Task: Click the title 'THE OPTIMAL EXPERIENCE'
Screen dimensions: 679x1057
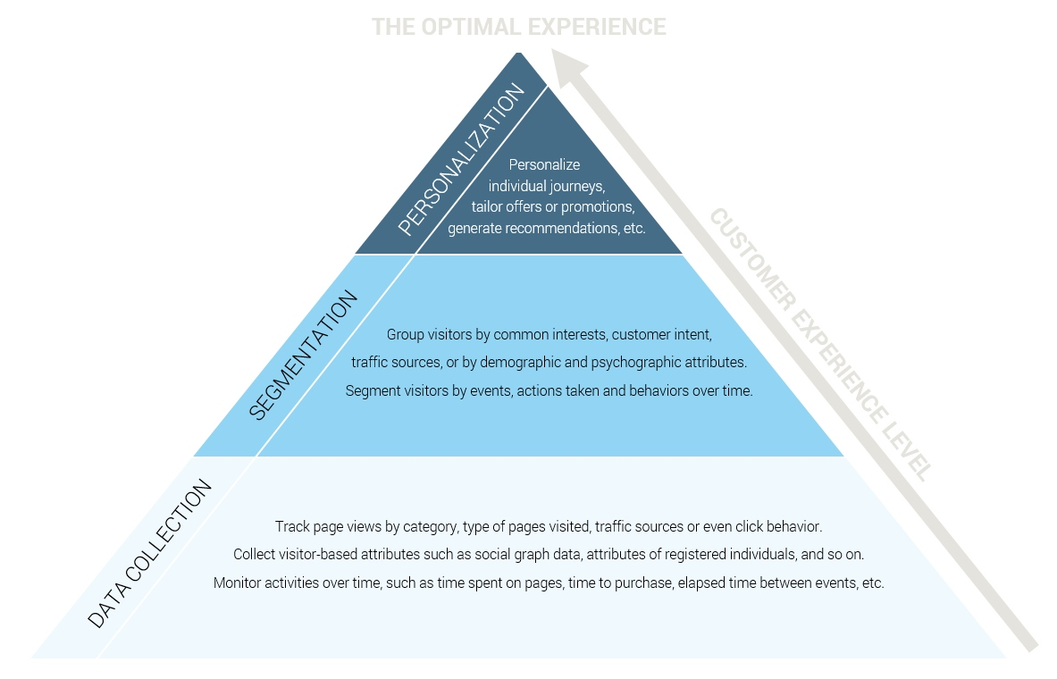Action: coord(518,27)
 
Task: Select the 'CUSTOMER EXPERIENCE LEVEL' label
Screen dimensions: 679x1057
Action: coord(821,344)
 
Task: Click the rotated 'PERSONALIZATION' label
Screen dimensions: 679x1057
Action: coord(460,161)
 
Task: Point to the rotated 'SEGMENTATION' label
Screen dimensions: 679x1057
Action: coord(303,355)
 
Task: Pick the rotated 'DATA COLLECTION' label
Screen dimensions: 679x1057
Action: coord(150,553)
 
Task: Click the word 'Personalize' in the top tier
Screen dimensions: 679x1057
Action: coord(544,164)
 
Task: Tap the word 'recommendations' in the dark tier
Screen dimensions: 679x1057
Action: coord(558,228)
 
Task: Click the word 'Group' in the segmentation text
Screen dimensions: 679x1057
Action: coord(405,335)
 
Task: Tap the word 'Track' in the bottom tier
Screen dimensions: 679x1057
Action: coord(291,526)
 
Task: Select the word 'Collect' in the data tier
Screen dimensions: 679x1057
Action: coord(255,554)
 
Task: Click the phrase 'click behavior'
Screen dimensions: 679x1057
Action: coord(780,526)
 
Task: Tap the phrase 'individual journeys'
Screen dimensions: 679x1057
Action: coord(546,186)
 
